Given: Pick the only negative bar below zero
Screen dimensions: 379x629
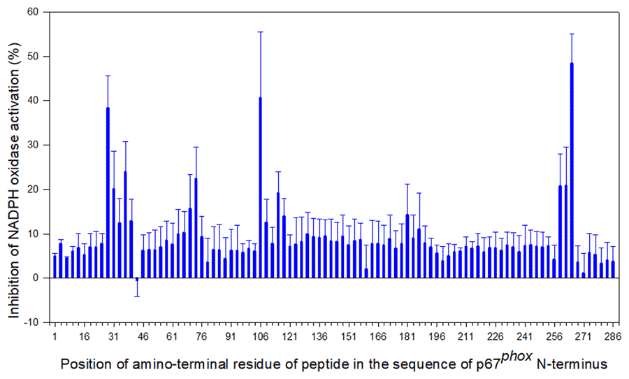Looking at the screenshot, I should click(137, 279).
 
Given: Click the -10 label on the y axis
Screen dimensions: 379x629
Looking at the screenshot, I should click(32, 322).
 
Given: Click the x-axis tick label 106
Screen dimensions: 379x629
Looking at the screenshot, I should click(260, 336).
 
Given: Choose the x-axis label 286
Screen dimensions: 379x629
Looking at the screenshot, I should click(613, 336).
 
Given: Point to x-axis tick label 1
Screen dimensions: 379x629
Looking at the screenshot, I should click(55, 336).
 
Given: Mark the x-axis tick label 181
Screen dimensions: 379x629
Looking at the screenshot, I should click(407, 336).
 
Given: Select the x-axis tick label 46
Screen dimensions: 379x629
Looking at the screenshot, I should click(143, 336).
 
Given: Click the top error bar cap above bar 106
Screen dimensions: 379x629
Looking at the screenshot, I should click(261, 31).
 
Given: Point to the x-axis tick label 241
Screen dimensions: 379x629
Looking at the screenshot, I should click(524, 336).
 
